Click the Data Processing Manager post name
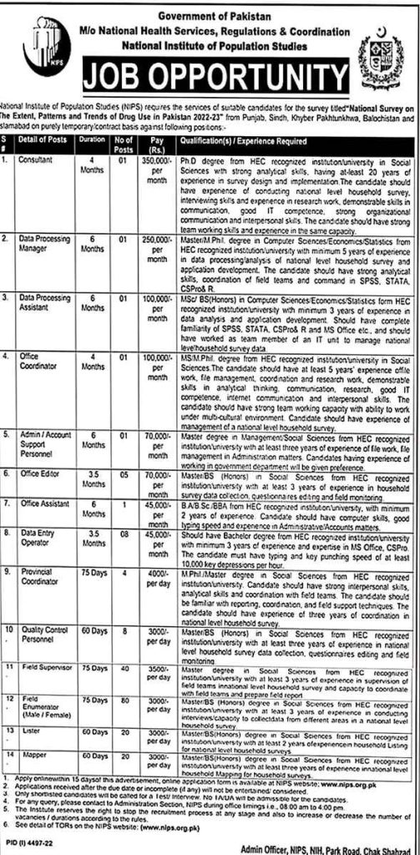pos(46,220)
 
